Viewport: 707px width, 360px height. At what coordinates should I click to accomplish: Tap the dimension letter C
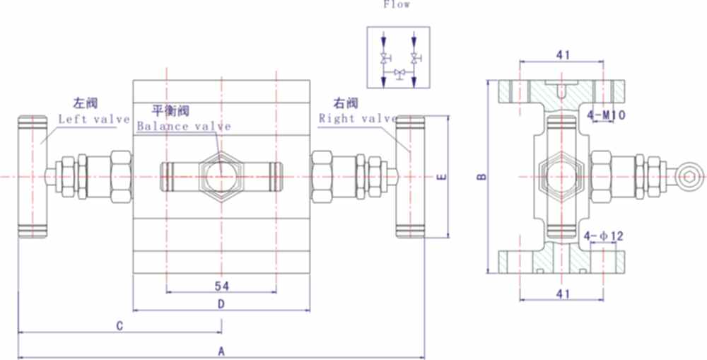[120, 325]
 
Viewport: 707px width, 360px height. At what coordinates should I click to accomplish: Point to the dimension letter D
[221, 304]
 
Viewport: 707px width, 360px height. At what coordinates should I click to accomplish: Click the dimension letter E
[441, 177]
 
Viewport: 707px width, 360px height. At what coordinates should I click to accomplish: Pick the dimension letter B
[481, 177]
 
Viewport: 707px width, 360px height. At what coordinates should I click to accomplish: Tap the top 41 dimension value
[563, 54]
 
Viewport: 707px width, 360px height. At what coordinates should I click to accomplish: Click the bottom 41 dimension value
[563, 292]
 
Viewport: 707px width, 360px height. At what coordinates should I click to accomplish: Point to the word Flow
[397, 4]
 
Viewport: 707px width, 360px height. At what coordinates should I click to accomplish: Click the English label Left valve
[93, 119]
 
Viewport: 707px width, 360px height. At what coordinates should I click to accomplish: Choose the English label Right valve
[358, 118]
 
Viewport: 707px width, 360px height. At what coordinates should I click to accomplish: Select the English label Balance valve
[184, 127]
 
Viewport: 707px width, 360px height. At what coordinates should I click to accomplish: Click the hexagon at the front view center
[221, 175]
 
